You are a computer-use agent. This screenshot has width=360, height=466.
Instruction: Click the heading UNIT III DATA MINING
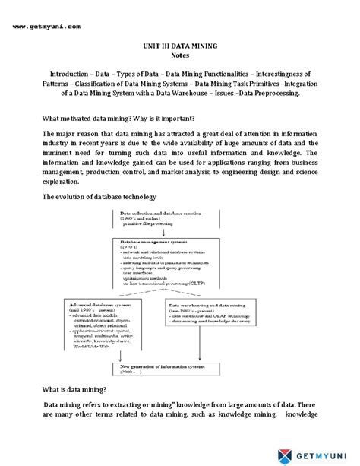(x=179, y=46)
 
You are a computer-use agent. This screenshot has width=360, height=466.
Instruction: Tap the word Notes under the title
(x=179, y=56)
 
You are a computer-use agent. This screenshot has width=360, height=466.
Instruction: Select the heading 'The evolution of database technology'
(x=99, y=197)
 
